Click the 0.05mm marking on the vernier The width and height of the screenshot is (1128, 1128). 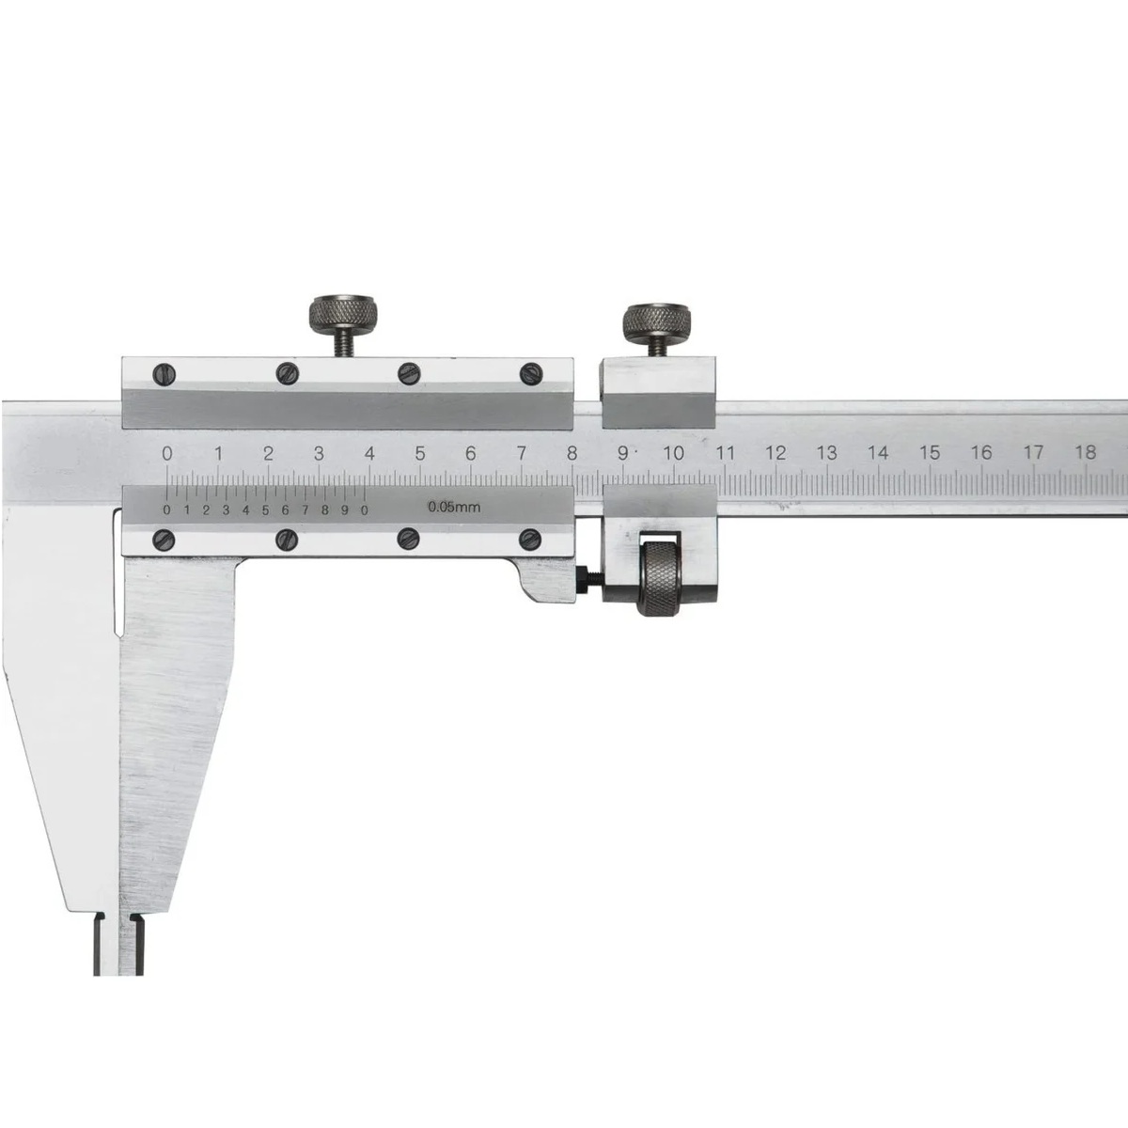pyautogui.click(x=454, y=507)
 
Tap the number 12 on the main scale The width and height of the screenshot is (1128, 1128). pyautogui.click(x=775, y=452)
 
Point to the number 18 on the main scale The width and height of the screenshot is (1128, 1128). pyautogui.click(x=1086, y=452)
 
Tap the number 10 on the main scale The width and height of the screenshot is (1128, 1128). pyautogui.click(x=674, y=452)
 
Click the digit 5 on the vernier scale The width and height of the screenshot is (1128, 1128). pyautogui.click(x=266, y=509)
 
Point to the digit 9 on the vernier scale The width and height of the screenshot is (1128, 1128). pyautogui.click(x=345, y=509)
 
